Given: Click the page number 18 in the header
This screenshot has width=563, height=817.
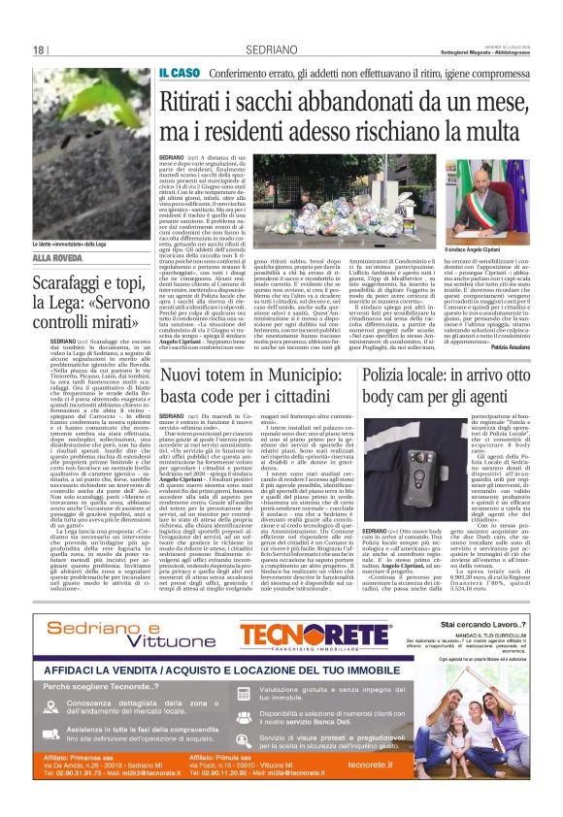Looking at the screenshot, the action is tap(41, 49).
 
